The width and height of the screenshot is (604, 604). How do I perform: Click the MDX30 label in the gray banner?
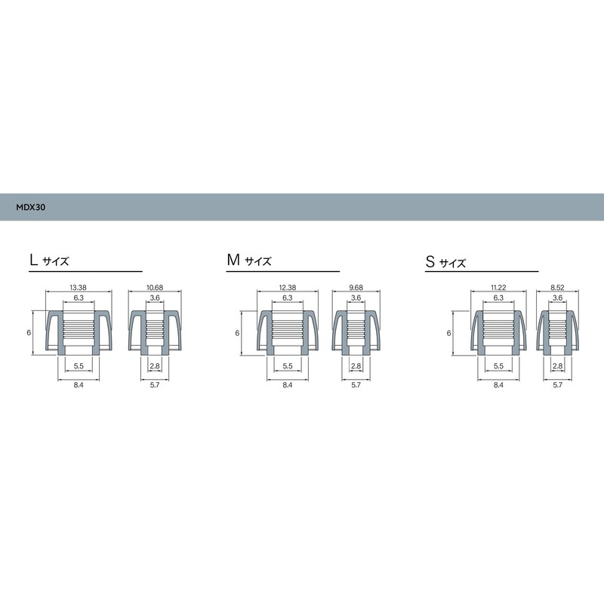(x=31, y=205)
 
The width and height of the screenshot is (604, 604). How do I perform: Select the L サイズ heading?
(x=49, y=261)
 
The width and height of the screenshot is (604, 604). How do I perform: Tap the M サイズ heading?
(x=249, y=261)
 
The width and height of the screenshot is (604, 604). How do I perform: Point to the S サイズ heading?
(x=445, y=263)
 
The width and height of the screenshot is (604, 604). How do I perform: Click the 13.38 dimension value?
(x=78, y=288)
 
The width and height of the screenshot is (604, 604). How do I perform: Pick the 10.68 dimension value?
(x=154, y=288)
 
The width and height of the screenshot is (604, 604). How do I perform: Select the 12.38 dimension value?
(x=287, y=288)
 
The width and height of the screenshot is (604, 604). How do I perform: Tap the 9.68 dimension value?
(x=356, y=288)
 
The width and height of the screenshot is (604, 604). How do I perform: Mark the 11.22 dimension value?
(x=498, y=288)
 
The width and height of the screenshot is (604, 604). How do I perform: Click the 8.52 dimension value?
(x=558, y=288)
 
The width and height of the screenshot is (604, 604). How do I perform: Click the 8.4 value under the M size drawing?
(x=287, y=385)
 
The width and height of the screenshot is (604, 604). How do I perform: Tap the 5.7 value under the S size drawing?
(x=558, y=385)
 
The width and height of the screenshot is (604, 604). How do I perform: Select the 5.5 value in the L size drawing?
(x=78, y=366)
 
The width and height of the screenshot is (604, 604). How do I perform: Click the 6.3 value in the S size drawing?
(x=498, y=298)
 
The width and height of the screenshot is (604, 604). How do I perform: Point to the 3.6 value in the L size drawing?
(x=154, y=298)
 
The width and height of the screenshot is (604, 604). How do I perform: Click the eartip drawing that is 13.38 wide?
(x=78, y=332)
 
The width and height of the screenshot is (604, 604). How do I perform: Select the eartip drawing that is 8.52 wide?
(x=558, y=332)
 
